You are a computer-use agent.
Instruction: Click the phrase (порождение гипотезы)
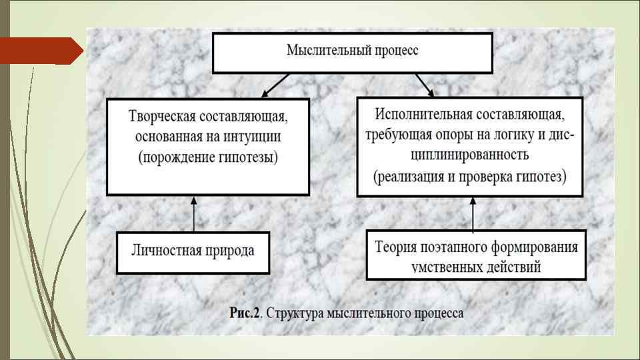(x=207, y=158)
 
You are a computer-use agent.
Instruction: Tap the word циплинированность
(x=469, y=155)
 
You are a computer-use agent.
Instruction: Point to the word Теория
(x=395, y=247)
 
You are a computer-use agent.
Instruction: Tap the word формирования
(x=537, y=247)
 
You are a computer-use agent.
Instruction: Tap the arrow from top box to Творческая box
(x=275, y=85)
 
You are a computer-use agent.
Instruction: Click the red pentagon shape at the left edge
(x=40, y=51)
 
